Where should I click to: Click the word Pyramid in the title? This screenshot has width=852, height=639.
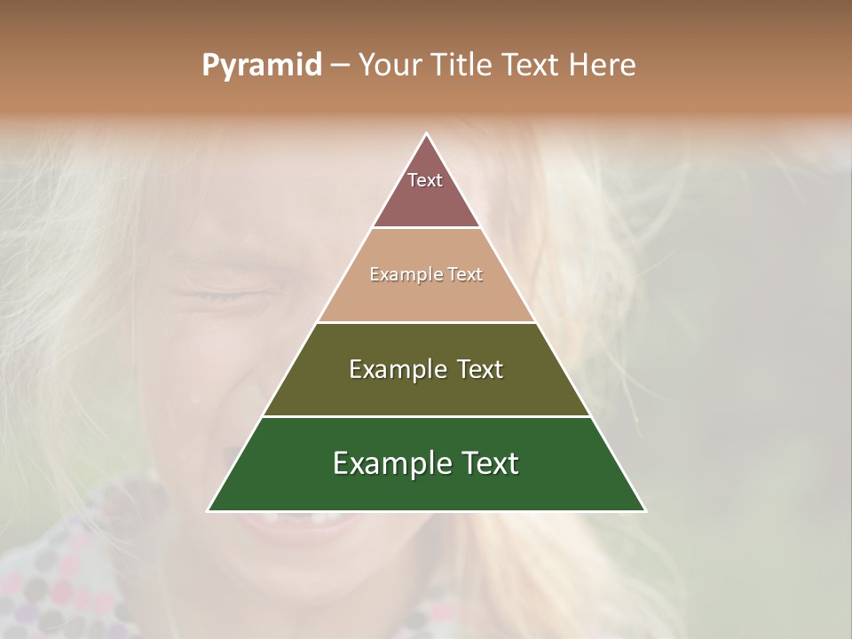(261, 65)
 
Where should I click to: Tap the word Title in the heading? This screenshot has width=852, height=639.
(461, 65)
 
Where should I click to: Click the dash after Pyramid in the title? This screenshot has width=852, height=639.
(340, 66)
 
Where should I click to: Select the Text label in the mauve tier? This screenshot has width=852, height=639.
(425, 180)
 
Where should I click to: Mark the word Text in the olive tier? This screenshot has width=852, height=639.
(480, 369)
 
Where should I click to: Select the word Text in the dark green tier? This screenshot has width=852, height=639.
(489, 463)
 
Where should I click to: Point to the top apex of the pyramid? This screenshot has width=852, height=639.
(427, 134)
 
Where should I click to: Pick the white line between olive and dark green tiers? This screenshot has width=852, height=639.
(426, 416)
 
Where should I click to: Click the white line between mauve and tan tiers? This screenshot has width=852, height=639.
(426, 228)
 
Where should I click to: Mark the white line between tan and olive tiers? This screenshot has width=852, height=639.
(426, 322)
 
